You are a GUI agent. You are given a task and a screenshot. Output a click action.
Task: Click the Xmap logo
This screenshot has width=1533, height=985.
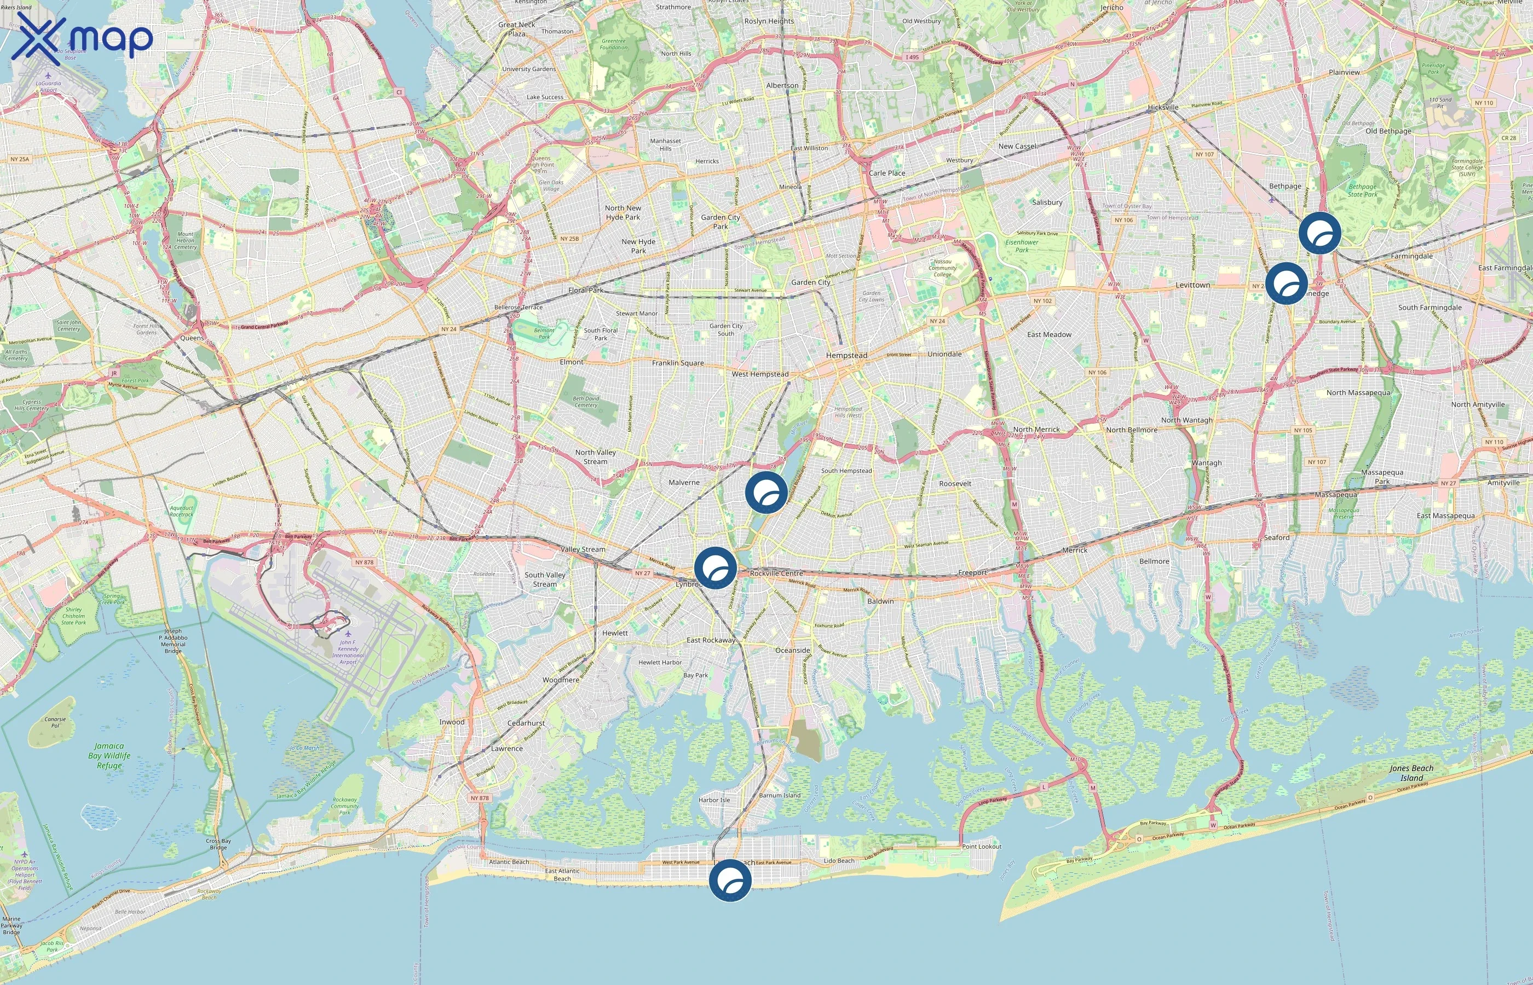tap(82, 38)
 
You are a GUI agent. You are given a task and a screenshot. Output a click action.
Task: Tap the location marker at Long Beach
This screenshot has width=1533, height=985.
tap(730, 880)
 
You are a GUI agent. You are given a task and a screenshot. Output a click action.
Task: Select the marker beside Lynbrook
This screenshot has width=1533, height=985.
tap(716, 567)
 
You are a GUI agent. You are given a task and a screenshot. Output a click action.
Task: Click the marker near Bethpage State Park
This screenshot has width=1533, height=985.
tap(1320, 233)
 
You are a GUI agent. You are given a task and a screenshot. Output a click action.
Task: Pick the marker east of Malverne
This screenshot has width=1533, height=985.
tap(766, 492)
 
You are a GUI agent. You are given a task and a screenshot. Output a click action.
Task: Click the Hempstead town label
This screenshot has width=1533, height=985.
tap(846, 356)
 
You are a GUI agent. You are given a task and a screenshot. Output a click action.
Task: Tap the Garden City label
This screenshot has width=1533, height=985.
tap(811, 282)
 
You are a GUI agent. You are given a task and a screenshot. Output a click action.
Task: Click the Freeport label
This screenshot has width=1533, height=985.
tap(972, 573)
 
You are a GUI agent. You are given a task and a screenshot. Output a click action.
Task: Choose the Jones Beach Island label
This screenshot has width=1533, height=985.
tap(1411, 773)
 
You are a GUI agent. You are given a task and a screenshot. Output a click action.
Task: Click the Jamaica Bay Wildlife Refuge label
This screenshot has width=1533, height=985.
tap(109, 755)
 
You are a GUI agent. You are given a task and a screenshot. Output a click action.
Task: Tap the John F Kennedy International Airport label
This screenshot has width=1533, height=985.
tap(348, 652)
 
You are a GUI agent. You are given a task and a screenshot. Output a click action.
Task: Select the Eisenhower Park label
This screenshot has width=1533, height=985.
tap(1022, 246)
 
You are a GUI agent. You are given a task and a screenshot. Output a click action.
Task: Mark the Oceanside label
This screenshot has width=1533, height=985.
tap(793, 651)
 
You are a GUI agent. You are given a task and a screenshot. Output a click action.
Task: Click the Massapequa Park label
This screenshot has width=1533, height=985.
tap(1382, 477)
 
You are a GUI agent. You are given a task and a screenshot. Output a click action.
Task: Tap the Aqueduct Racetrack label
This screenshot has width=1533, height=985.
tap(182, 511)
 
